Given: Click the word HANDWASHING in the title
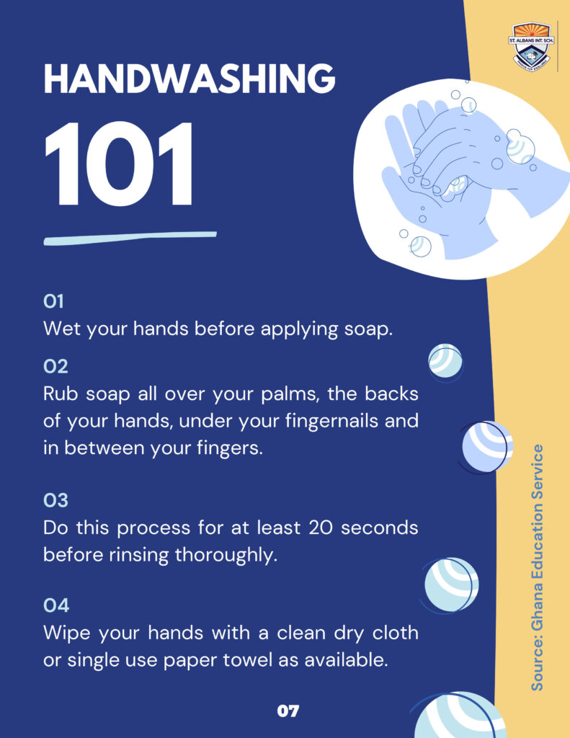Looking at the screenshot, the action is (190, 79).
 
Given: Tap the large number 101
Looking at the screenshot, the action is (118, 164).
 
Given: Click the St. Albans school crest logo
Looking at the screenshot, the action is (531, 46).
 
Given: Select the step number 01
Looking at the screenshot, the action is (53, 301).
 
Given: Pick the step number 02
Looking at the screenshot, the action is (55, 366).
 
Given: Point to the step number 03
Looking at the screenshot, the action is (55, 500).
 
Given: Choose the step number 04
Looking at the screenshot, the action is (56, 605).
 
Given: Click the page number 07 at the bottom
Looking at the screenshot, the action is (288, 711).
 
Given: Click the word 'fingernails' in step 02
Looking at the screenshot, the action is (332, 421).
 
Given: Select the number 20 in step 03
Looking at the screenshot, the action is (321, 528).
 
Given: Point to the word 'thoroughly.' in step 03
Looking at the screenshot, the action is (226, 555).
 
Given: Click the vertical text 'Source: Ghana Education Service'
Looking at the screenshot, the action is (537, 567).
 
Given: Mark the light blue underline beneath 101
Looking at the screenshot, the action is (130, 238).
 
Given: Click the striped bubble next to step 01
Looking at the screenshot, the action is (445, 361).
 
